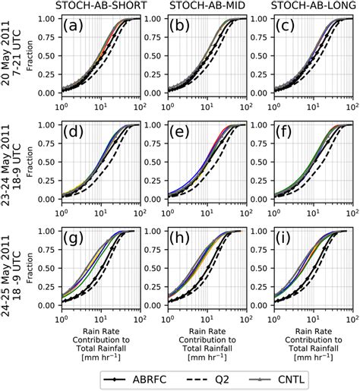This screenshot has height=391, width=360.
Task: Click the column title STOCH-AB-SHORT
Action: pyautogui.click(x=103, y=7)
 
